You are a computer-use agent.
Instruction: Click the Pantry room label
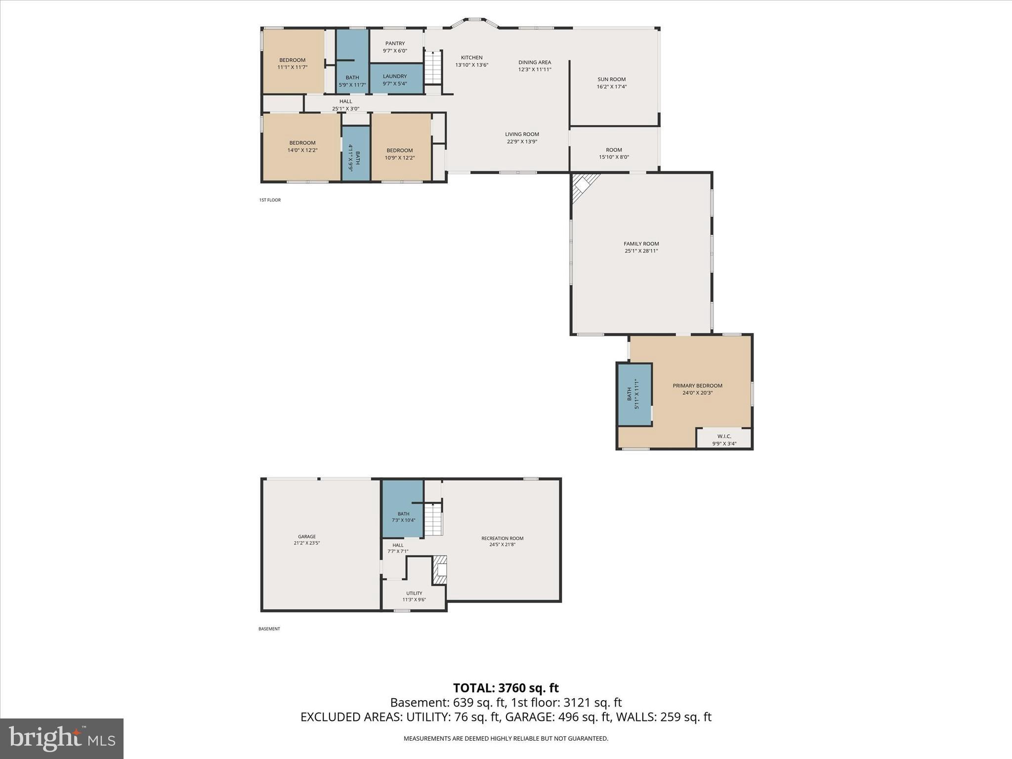point(395,43)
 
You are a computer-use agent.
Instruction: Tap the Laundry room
point(395,79)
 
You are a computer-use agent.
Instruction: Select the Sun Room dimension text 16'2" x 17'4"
point(611,86)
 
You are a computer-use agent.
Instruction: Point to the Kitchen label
point(471,58)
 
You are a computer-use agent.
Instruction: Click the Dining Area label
point(534,62)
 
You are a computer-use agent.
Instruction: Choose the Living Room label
point(522,134)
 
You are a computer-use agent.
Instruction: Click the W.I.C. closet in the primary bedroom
point(724,438)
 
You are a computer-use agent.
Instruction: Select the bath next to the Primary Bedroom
point(634,394)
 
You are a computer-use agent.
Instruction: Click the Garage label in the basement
point(306,537)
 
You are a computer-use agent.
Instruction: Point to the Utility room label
point(414,593)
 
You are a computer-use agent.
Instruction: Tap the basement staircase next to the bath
point(433,519)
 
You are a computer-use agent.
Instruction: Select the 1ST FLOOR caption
point(270,200)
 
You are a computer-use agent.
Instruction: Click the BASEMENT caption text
point(269,629)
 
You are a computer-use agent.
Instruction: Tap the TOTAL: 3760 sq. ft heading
point(506,687)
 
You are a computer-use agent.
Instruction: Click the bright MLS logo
point(62,738)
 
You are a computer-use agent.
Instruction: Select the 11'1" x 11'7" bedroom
point(293,62)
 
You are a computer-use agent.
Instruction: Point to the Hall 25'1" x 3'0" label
point(345,101)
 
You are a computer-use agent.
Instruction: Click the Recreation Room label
point(502,539)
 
